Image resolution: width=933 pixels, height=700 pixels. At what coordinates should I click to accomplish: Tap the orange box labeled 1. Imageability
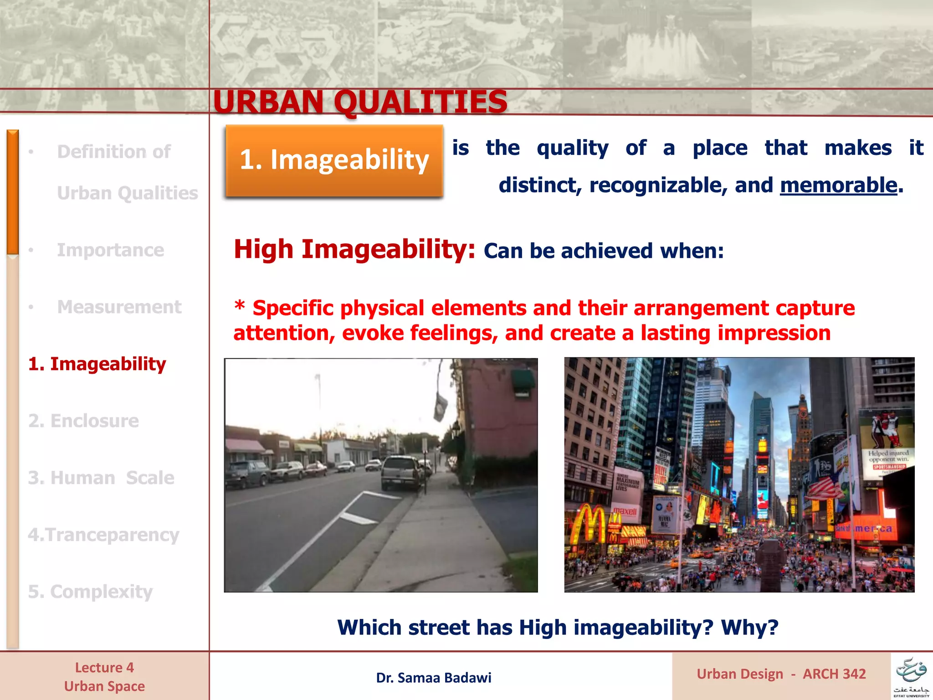334,160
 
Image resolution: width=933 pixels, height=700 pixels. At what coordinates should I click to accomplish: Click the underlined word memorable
838,185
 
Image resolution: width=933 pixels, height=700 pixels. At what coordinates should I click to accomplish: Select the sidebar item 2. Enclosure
83,421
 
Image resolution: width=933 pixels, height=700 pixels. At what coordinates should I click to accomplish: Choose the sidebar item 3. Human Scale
101,478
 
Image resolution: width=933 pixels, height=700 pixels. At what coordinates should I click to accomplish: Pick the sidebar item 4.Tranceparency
103,535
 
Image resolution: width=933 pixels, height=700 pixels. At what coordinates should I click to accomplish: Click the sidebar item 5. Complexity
90,592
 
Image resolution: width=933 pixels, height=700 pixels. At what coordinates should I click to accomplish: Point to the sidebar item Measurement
119,307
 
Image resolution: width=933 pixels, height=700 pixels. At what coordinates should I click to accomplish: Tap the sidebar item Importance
110,250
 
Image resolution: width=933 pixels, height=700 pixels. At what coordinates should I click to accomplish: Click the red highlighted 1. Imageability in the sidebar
97,364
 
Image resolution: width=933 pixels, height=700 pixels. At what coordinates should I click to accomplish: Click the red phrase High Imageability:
354,249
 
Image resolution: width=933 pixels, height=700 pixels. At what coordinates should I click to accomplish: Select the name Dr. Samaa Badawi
433,678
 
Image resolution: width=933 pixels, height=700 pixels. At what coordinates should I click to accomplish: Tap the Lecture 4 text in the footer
104,668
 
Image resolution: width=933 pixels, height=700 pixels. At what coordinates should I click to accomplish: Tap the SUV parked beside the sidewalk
401,472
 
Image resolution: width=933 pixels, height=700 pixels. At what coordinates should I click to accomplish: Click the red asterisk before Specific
240,305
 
